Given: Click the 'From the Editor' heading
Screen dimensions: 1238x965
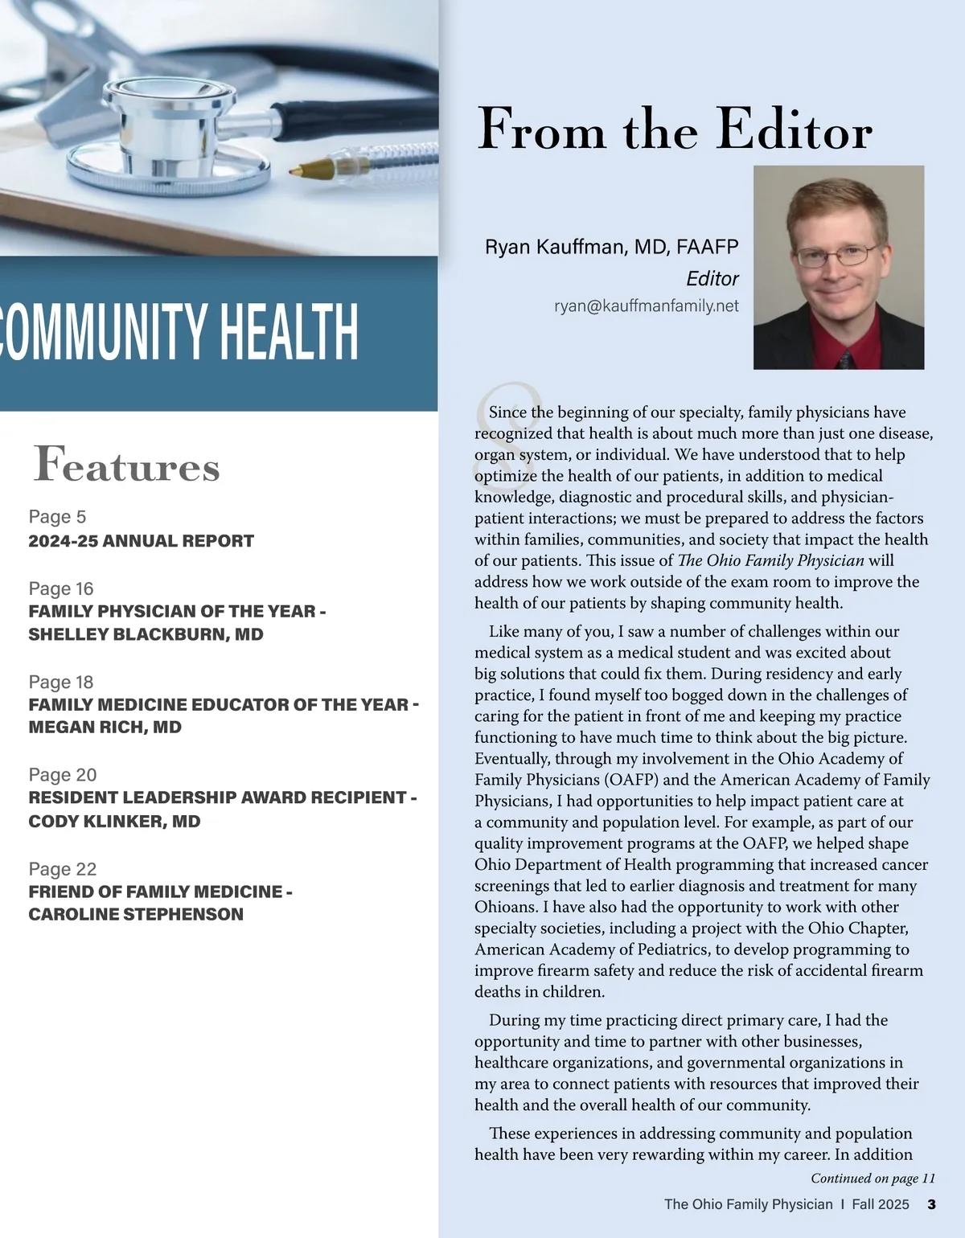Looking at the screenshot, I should pos(675,129).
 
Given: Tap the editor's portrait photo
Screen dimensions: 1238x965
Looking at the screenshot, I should pos(838,267).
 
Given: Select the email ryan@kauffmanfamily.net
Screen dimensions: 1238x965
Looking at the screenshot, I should pos(646,306).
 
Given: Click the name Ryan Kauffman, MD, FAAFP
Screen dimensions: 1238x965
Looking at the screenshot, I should pos(611,247).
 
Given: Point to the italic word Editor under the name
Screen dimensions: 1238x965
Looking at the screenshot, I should pos(712,279).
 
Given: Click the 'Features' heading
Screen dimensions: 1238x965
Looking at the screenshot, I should pos(127,466).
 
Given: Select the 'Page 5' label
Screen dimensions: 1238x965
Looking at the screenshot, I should pos(57,517).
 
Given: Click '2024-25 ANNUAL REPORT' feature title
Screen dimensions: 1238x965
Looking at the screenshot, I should pos(141,541).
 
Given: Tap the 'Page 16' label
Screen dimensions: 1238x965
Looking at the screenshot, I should pos(61,588).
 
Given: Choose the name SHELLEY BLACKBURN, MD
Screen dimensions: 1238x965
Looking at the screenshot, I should pos(146,634).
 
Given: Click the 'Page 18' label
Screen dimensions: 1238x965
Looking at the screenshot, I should pos(61,682).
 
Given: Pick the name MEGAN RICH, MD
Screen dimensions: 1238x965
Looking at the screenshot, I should pos(105,728).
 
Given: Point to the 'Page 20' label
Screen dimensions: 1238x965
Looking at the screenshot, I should pos(63,775).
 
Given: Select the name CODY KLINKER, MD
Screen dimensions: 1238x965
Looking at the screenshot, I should pos(114,822).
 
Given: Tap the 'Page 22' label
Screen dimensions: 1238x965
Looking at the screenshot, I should pos(63,869).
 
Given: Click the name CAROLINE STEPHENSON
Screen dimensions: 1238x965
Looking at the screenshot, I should pos(135,915).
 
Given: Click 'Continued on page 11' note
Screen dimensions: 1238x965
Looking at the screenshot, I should pos(873,1179).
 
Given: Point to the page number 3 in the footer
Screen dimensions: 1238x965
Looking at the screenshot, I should pos(931,1204).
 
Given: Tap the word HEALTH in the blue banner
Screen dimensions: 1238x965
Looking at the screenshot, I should pos(289,331).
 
